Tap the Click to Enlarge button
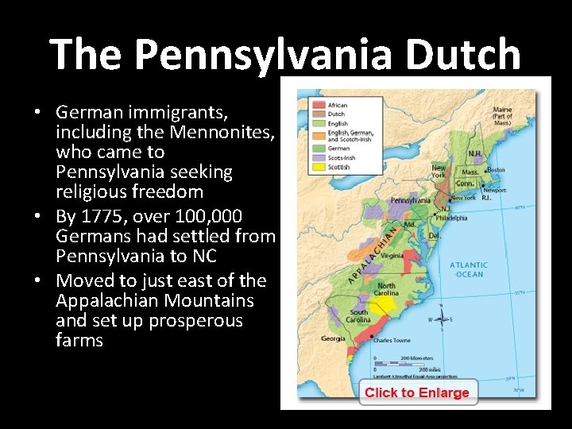point(417,392)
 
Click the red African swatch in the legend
point(317,105)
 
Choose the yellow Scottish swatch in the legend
point(317,168)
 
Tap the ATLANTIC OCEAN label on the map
point(469,270)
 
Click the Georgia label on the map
point(333,338)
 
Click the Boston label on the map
point(496,170)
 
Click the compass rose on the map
point(439,319)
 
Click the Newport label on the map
point(496,191)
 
